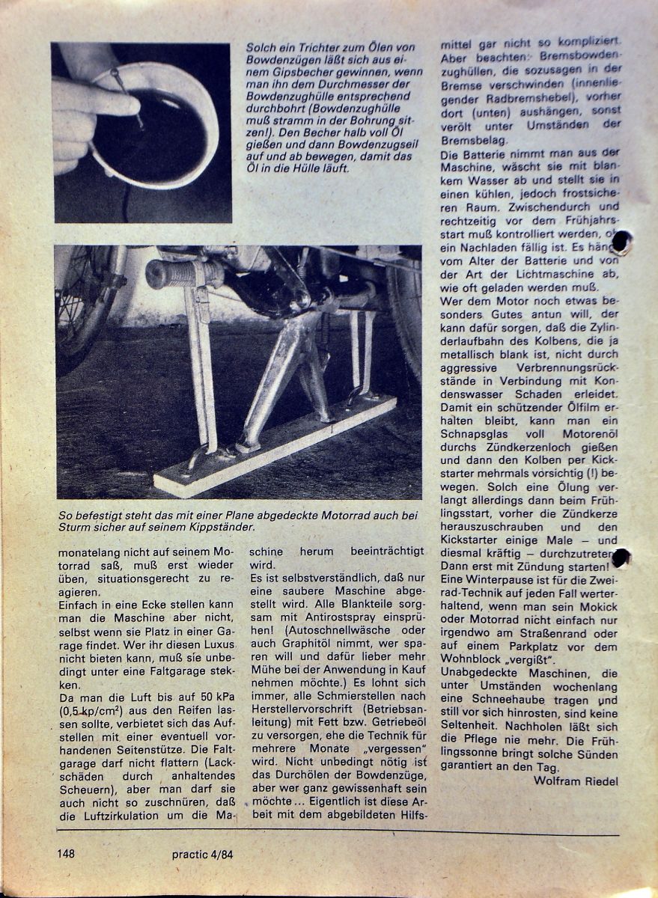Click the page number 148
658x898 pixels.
68,854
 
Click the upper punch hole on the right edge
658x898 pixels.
621,241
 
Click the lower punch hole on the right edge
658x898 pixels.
621,558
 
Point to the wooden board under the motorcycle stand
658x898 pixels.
277,449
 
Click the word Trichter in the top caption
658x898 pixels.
314,46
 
